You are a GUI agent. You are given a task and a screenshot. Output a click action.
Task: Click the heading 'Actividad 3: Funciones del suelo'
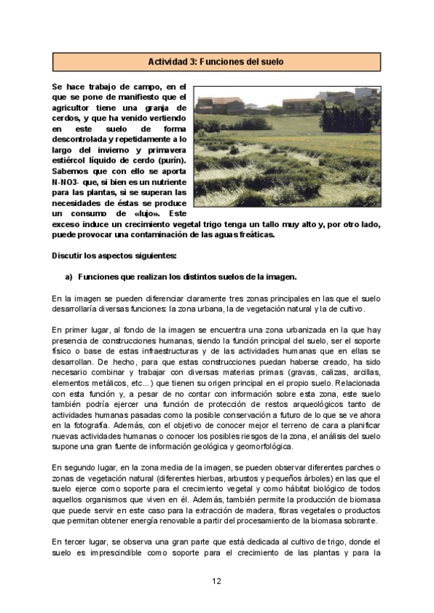pyautogui.click(x=216, y=62)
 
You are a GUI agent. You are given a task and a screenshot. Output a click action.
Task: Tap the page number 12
pyautogui.click(x=216, y=580)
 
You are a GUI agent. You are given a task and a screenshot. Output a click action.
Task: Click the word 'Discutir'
pyautogui.click(x=72, y=256)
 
